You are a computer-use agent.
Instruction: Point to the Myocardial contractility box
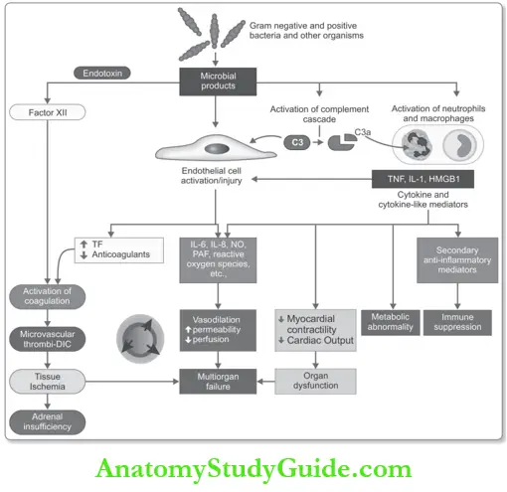315,325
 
